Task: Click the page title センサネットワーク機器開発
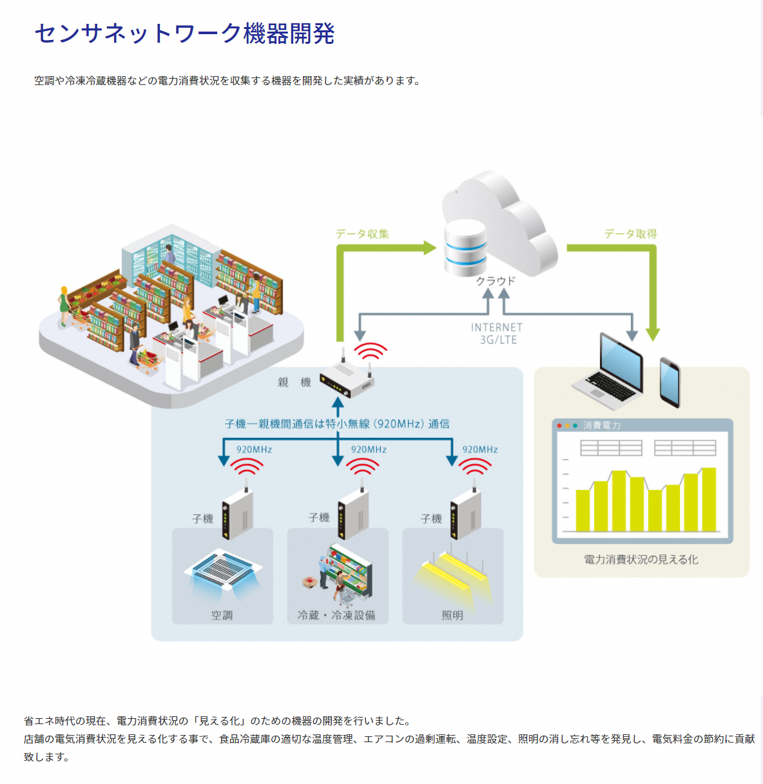[184, 34]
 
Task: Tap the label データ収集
[362, 234]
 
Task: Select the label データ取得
[630, 234]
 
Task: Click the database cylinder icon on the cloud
[465, 248]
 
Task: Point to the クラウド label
[496, 281]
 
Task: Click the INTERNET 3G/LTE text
[497, 333]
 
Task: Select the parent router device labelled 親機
[347, 379]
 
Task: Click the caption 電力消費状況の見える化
[641, 560]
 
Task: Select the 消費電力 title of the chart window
[602, 426]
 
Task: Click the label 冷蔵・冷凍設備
[336, 615]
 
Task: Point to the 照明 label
[452, 615]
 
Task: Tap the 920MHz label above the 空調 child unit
[254, 449]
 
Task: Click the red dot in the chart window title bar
[559, 426]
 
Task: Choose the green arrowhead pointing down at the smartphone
[653, 334]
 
